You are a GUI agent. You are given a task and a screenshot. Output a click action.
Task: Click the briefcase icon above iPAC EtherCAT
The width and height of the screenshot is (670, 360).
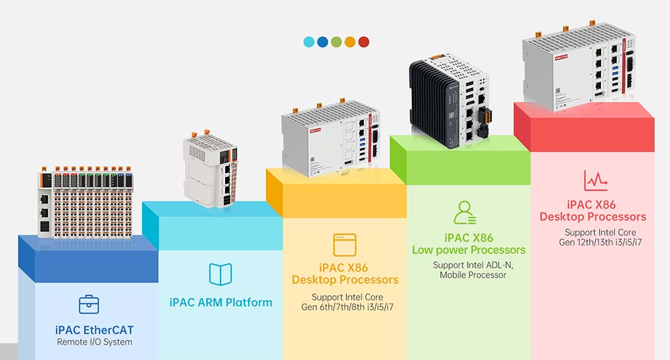tap(88, 305)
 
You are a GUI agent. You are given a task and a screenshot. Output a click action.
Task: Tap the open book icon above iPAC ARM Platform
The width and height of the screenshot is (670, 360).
tap(220, 274)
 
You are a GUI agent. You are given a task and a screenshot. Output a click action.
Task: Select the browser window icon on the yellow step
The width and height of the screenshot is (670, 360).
tap(345, 245)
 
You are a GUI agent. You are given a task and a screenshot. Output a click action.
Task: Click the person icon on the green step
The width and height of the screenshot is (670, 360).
tap(465, 213)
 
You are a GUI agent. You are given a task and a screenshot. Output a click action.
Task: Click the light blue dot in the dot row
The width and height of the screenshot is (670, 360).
tap(309, 42)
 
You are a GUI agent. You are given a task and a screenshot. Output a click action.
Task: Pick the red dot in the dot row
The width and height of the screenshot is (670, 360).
tap(364, 42)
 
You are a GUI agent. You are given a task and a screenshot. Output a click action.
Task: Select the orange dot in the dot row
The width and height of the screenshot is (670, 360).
tap(350, 42)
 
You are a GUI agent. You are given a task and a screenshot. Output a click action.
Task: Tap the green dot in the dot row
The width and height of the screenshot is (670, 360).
tap(336, 42)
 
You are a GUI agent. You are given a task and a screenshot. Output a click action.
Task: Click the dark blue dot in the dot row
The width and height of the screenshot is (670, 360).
tap(322, 42)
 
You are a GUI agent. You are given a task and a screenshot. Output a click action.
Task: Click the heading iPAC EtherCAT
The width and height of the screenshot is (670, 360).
tap(94, 330)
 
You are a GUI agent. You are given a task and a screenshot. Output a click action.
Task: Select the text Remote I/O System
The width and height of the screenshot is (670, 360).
tap(94, 342)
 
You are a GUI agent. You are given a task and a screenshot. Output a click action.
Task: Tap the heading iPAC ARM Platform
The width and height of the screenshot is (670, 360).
tap(220, 302)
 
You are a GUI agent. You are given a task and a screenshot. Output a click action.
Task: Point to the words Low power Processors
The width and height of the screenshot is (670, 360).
tap(468, 250)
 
